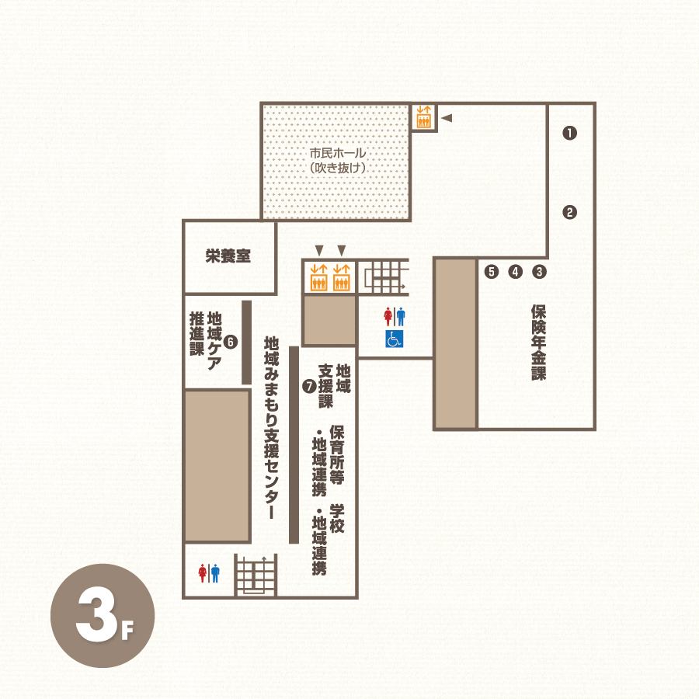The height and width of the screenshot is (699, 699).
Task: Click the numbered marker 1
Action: (x=569, y=133)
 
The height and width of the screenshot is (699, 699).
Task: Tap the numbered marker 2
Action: (x=569, y=212)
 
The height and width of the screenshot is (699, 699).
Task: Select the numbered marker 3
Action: (x=539, y=272)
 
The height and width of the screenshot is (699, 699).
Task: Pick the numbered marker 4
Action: (x=516, y=272)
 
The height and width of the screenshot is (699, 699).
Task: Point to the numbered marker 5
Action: (x=492, y=272)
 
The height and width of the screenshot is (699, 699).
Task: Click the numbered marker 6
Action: (x=231, y=342)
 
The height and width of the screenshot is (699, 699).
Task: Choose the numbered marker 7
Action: (x=309, y=386)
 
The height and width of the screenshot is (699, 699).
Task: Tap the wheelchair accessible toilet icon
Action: (x=394, y=339)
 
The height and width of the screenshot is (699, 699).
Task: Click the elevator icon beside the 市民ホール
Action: (x=423, y=116)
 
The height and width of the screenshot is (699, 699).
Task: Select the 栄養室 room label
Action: (x=228, y=256)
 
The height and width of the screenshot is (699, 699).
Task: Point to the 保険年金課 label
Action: (x=538, y=343)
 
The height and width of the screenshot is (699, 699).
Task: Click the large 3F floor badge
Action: (x=103, y=616)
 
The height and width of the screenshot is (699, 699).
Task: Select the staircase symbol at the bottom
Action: (x=256, y=575)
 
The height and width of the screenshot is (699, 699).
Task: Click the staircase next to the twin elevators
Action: (x=384, y=276)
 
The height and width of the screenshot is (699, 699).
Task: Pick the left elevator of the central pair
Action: (x=318, y=277)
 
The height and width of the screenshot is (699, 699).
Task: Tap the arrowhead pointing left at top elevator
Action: (x=447, y=118)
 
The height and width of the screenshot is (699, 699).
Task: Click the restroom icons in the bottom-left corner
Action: (x=209, y=573)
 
